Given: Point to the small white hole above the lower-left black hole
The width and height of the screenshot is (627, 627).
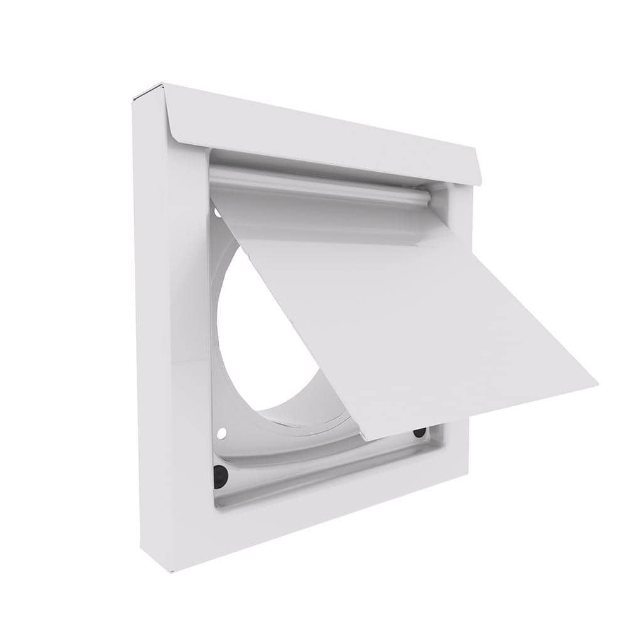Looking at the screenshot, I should (x=220, y=433).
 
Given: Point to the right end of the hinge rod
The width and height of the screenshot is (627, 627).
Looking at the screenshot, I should (x=429, y=198).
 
